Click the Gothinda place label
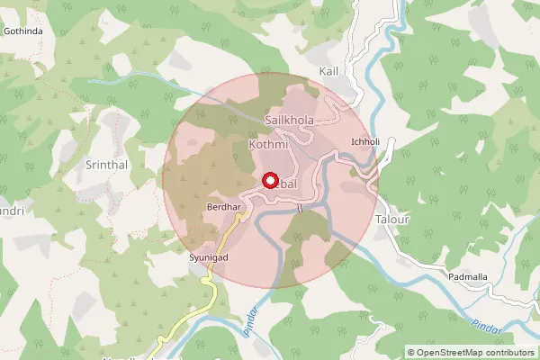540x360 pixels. (23, 31)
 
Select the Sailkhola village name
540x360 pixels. (290, 120)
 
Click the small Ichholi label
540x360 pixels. (365, 142)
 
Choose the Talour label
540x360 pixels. (392, 219)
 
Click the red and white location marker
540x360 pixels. (269, 180)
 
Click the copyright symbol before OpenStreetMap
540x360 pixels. (411, 352)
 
